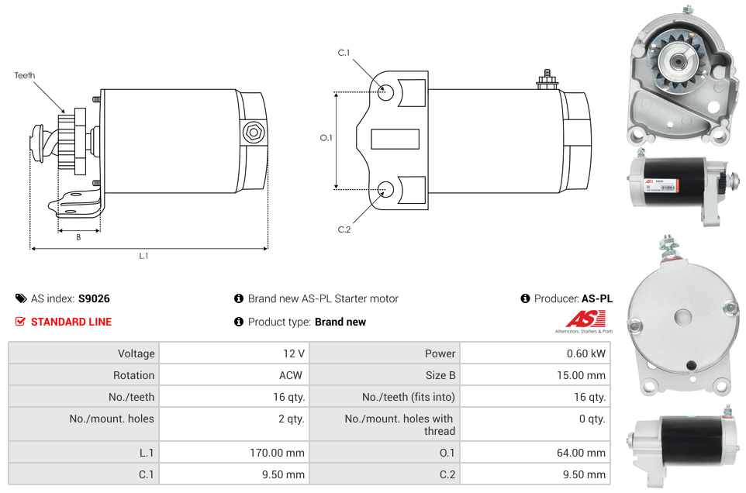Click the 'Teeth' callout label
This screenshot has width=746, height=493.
tap(25, 75)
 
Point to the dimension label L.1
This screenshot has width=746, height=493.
tap(143, 256)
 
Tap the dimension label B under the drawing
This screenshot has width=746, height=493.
tap(78, 237)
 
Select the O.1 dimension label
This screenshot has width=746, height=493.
tap(326, 138)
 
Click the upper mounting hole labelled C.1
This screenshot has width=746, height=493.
tap(385, 92)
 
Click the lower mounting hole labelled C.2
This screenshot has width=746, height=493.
tap(385, 188)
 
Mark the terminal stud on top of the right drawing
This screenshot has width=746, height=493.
tap(547, 79)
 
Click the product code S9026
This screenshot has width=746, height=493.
tap(94, 298)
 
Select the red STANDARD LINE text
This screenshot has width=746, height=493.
tap(71, 322)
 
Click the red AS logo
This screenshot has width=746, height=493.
tap(586, 319)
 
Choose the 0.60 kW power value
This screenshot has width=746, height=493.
tap(585, 353)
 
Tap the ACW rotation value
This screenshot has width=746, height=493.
tap(291, 375)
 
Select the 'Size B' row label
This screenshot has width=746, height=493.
tap(440, 375)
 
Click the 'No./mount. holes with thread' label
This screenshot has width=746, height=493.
tap(399, 425)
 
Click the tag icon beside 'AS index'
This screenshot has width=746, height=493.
tap(21, 298)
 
